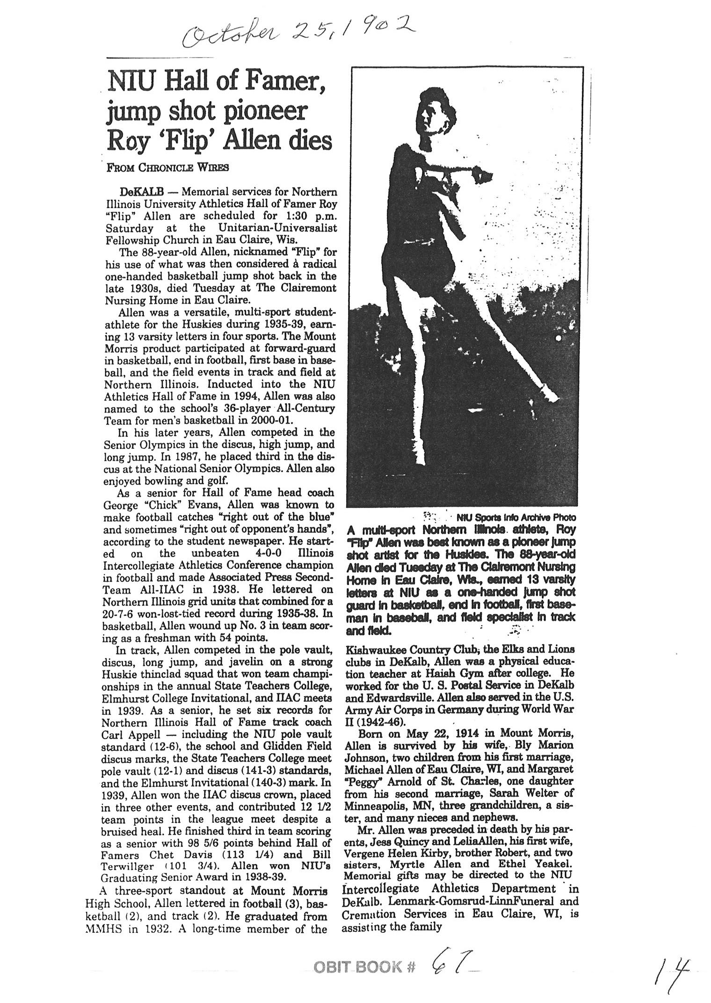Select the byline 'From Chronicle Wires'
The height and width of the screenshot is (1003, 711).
point(167,168)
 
